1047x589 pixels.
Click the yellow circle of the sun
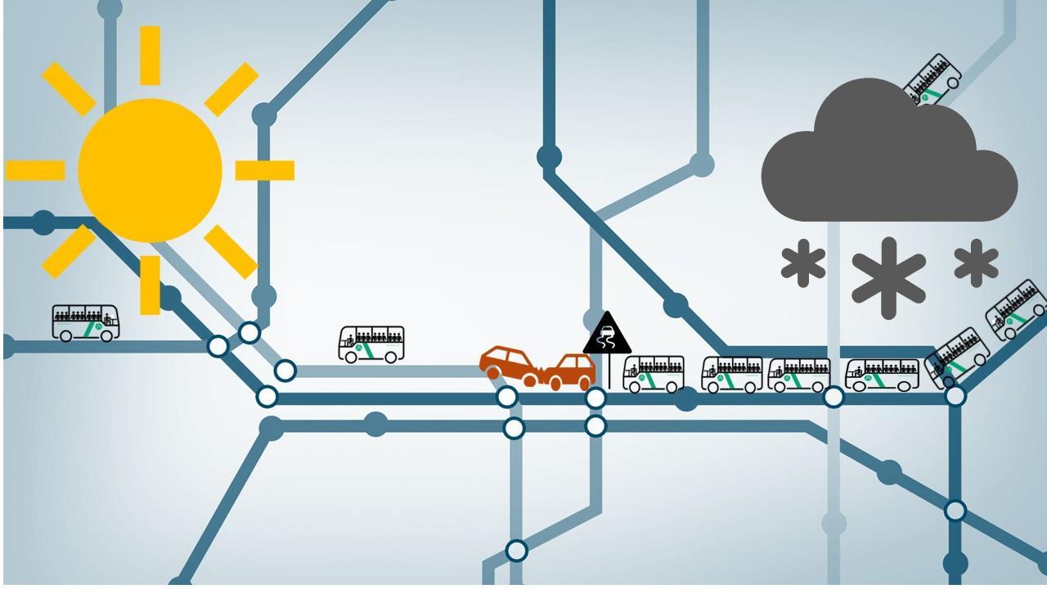click(150, 170)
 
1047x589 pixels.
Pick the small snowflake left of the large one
click(803, 263)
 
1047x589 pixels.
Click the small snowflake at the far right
click(976, 263)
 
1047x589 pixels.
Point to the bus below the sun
click(86, 322)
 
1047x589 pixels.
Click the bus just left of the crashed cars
click(371, 344)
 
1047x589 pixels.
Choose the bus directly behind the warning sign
click(654, 374)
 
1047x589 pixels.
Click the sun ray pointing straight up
click(150, 55)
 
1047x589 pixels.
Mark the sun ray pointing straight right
click(265, 170)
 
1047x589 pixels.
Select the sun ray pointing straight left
click(35, 170)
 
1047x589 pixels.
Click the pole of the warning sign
click(609, 370)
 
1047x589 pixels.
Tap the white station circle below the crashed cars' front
click(507, 398)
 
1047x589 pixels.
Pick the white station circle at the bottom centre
click(516, 551)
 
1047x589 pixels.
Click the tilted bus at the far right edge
click(1016, 310)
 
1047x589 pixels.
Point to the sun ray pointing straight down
click(150, 284)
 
